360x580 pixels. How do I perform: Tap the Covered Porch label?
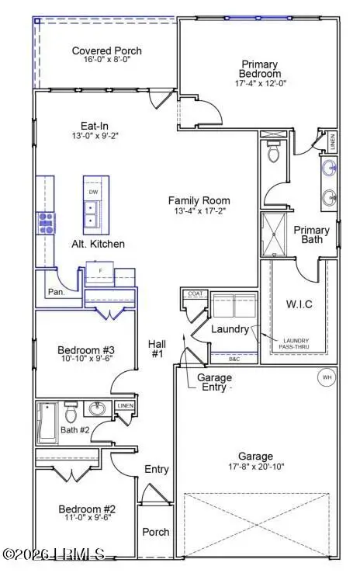tap(106, 51)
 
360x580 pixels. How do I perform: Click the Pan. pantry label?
tap(57, 293)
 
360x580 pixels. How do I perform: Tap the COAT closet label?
tap(193, 295)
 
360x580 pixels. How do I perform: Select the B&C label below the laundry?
tap(234, 359)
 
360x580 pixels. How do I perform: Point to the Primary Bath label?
tap(311, 235)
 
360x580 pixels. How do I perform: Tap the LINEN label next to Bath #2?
tap(124, 406)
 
